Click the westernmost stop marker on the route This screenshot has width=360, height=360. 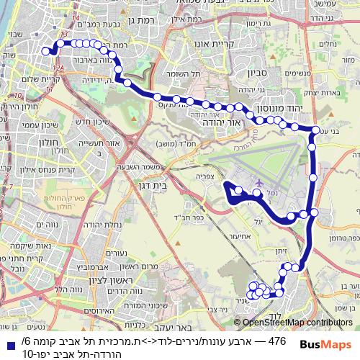[x=48, y=51]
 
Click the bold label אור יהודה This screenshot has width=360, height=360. [x=213, y=123]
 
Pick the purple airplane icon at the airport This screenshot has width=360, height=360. [x=257, y=184]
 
